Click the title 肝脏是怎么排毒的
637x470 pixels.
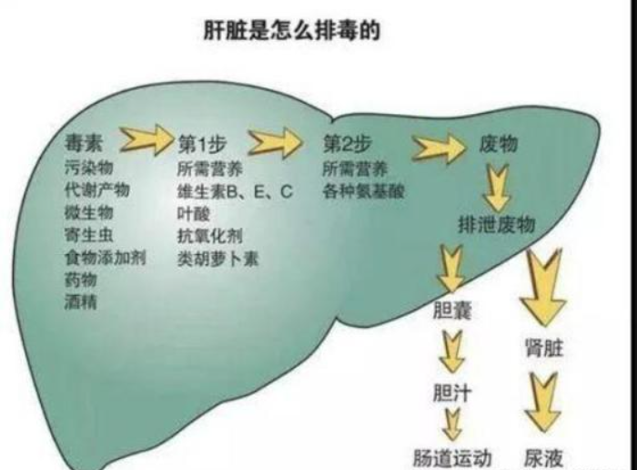point(291,30)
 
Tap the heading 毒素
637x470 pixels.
point(84,143)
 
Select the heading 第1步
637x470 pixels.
point(201,144)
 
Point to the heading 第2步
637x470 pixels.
point(348,144)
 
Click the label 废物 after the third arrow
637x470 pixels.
point(498,144)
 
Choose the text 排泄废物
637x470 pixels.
point(497,224)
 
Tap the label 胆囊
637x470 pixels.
point(452,311)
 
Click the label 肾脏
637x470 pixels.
point(544,348)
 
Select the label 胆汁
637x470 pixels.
point(452,393)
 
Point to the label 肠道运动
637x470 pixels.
point(452,458)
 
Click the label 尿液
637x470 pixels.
point(543,458)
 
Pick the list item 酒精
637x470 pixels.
point(80,301)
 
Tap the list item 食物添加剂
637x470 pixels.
point(105,258)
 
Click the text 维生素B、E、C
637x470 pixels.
point(235,191)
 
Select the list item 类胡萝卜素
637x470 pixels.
point(217,259)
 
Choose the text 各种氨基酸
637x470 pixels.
point(364,191)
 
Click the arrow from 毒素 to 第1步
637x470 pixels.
point(146,140)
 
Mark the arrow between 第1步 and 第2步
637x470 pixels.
point(276,142)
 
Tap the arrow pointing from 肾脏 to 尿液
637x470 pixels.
point(542,404)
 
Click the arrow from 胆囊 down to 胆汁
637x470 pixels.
point(452,352)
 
